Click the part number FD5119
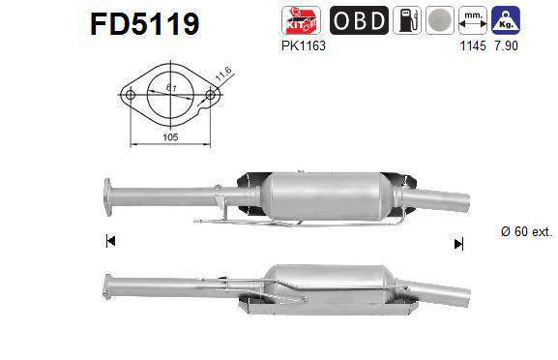[x=144, y=23]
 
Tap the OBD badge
[x=360, y=20]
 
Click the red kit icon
[x=297, y=20]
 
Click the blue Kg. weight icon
[x=503, y=20]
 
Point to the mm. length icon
[x=474, y=20]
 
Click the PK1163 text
[x=303, y=45]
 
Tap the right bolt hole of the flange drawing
[x=209, y=95]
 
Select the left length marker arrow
[x=110, y=242]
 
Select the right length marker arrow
[x=457, y=244]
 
